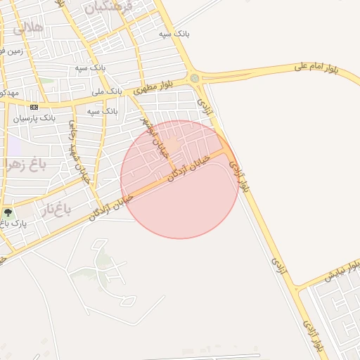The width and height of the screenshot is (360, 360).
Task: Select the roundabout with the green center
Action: pos(194,78)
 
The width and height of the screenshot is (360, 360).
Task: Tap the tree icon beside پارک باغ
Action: pos(8,212)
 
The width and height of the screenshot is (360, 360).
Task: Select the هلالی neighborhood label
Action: pos(28,28)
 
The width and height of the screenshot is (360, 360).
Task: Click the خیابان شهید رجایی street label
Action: pos(77,148)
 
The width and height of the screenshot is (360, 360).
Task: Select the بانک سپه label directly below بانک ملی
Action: pos(101,111)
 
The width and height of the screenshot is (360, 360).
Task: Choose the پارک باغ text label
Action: pos(30,224)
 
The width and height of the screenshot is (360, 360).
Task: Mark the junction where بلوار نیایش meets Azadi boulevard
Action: pos(298,289)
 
